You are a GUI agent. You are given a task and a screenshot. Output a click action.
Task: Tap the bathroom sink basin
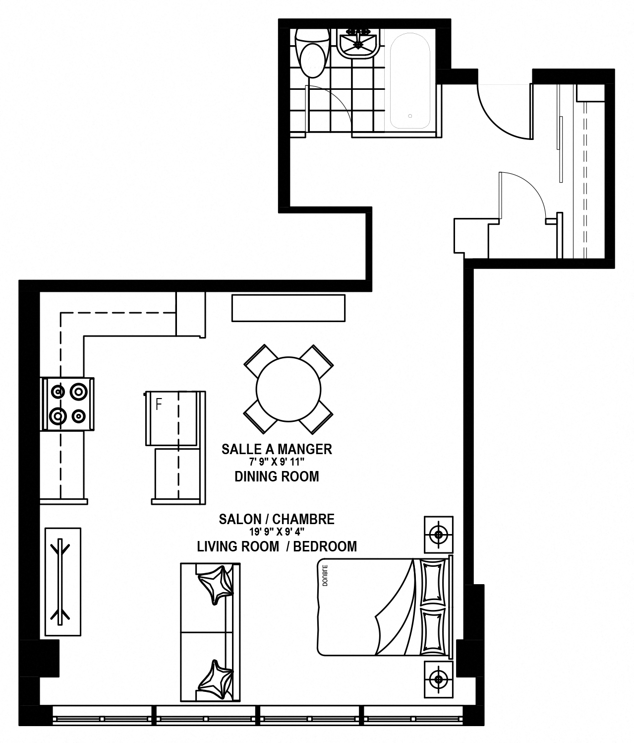pyautogui.click(x=358, y=44)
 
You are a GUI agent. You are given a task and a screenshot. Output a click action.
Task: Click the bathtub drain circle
pyautogui.click(x=410, y=116)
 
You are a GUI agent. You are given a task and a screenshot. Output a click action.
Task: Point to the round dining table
pyautogui.click(x=288, y=389)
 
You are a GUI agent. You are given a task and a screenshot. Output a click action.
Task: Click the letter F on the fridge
pyautogui.click(x=159, y=405)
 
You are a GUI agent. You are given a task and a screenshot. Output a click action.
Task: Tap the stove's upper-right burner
pyautogui.click(x=79, y=392)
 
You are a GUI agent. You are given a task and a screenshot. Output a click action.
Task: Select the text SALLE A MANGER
pyautogui.click(x=277, y=449)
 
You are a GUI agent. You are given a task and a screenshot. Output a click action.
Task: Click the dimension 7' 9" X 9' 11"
pyautogui.click(x=277, y=462)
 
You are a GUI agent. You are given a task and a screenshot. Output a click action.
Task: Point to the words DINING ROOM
pyautogui.click(x=277, y=476)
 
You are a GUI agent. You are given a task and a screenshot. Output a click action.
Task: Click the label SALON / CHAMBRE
pyautogui.click(x=277, y=519)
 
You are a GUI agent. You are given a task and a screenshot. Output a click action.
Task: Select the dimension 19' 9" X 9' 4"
pyautogui.click(x=277, y=532)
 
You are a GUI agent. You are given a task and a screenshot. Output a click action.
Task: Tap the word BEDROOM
pyautogui.click(x=325, y=546)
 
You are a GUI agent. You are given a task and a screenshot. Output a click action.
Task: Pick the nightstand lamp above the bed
pyautogui.click(x=438, y=535)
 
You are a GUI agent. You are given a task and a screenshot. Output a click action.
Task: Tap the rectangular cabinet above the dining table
pyautogui.click(x=288, y=308)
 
